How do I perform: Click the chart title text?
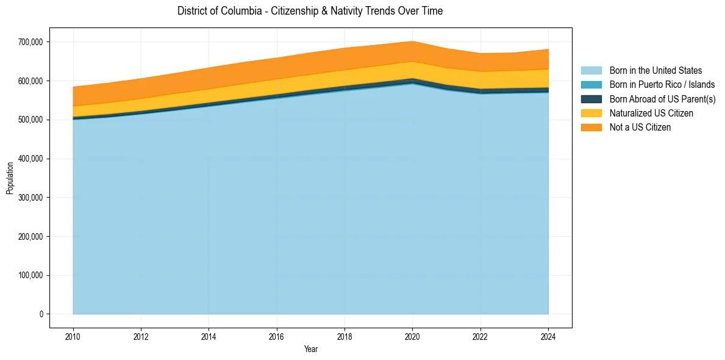click(310, 11)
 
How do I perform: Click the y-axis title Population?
click(10, 178)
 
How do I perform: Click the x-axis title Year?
click(310, 349)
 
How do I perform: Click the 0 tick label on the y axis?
click(41, 314)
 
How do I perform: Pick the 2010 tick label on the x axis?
click(73, 336)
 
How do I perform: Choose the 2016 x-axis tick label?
click(277, 336)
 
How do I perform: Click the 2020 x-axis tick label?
click(413, 336)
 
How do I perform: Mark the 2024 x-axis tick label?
click(548, 336)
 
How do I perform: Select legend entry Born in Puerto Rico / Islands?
click(662, 85)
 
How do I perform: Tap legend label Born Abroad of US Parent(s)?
click(662, 99)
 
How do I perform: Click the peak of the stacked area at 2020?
click(413, 41)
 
